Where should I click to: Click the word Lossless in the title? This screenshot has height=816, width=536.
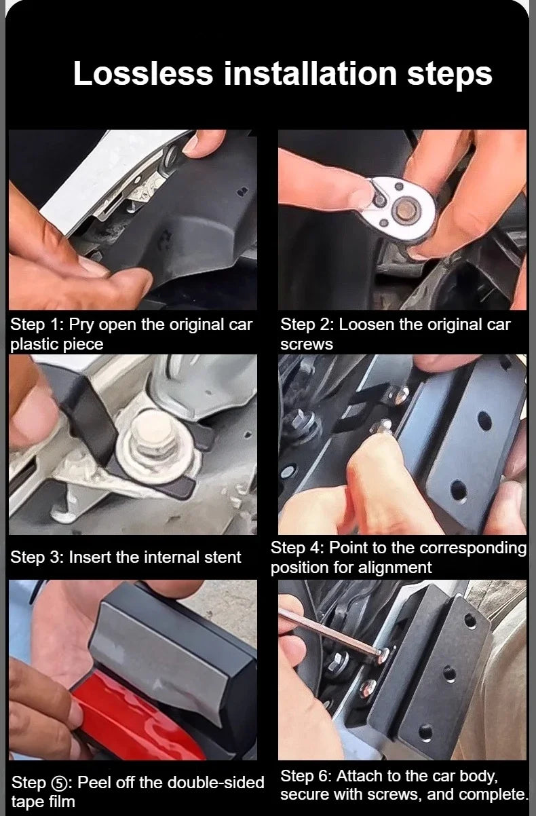point(142,73)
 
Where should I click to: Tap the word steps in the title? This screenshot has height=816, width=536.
point(449,75)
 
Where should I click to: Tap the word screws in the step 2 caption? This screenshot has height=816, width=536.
point(307,345)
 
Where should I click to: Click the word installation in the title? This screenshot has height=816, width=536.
point(310,73)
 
